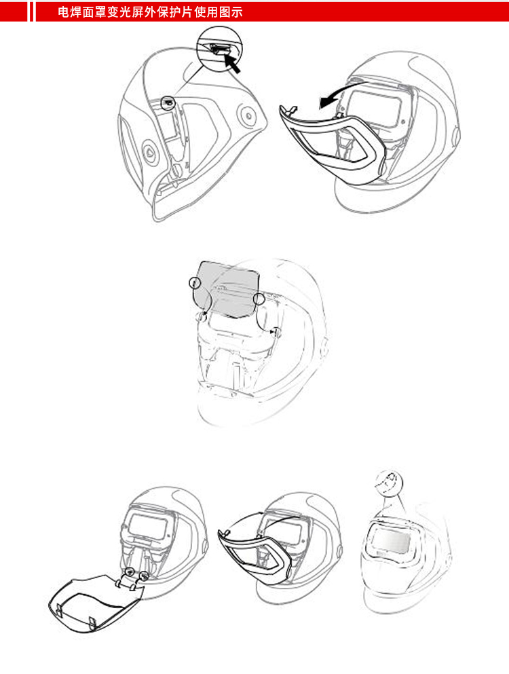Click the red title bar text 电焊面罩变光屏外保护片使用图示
tap(150, 12)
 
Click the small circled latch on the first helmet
tap(168, 102)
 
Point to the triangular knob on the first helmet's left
tap(149, 151)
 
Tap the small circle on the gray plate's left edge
tap(195, 282)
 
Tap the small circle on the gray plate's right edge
tap(259, 299)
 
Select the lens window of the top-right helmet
tap(375, 109)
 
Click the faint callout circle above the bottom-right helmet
tap(389, 483)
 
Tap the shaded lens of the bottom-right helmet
tap(391, 540)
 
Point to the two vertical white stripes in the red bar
tap(31, 12)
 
